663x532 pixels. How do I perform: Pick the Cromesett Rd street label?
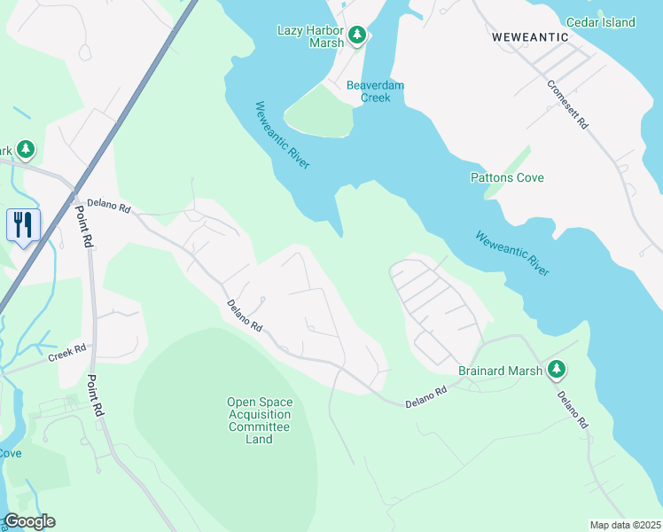pos(568,106)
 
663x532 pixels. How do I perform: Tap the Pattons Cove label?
pos(507,177)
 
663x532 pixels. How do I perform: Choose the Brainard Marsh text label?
pos(500,370)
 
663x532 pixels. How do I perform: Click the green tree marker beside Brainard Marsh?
pos(556,368)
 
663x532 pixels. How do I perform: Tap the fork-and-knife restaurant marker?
pos(22,224)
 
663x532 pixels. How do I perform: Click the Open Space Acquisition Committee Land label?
pos(259,420)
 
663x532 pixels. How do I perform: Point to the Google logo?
pos(29,521)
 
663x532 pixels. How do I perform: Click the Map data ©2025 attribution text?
pos(624,525)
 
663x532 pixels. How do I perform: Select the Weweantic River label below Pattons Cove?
pos(512,253)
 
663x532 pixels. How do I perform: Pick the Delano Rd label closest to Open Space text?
pos(245,316)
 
